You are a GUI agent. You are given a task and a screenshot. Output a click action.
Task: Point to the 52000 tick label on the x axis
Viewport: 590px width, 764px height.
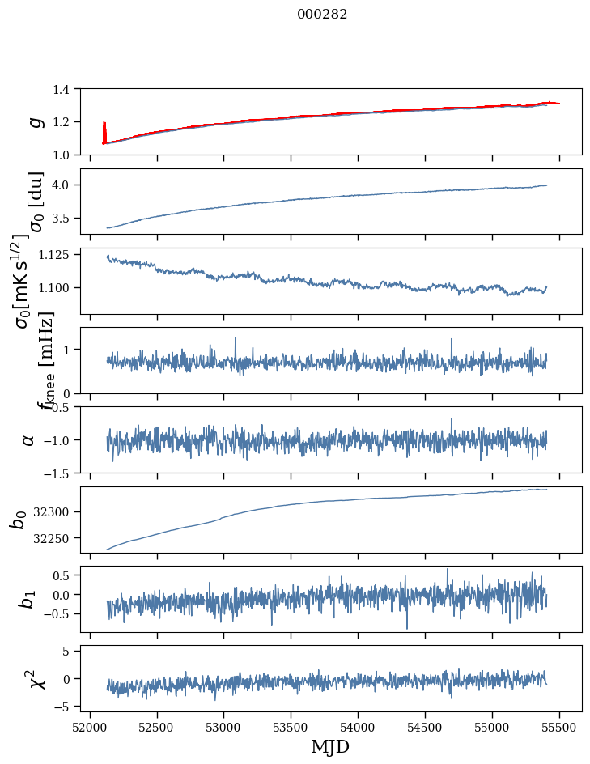(x=90, y=727)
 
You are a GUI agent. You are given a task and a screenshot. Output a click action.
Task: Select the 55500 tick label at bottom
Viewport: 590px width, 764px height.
(x=560, y=727)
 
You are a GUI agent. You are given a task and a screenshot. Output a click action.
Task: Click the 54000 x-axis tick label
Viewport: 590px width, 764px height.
(x=359, y=727)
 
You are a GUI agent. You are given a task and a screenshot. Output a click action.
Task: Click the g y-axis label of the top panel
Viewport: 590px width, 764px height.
(x=33, y=121)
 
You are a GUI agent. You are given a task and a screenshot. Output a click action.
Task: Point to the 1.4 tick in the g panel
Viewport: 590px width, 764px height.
(x=69, y=89)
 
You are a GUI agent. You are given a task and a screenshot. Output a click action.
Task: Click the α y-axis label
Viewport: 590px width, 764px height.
(x=29, y=439)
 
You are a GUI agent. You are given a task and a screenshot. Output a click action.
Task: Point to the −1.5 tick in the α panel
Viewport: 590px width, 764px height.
(x=65, y=473)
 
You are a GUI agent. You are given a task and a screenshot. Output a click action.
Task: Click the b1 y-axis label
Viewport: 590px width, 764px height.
(x=28, y=599)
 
